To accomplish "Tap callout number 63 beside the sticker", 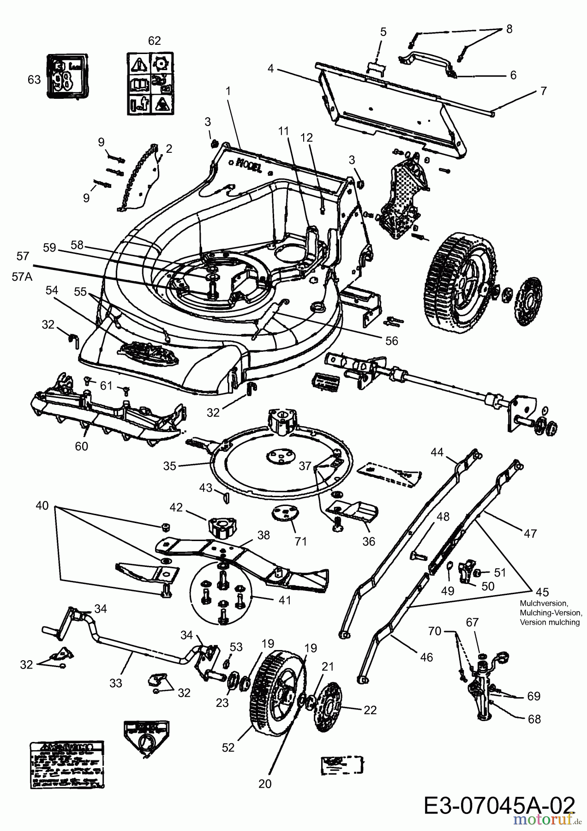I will tap(34, 80).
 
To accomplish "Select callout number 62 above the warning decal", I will tap(154, 41).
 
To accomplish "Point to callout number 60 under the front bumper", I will tap(82, 446).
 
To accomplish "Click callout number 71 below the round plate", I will tap(300, 541).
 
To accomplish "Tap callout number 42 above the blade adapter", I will tap(176, 507).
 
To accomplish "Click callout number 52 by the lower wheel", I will tap(228, 747).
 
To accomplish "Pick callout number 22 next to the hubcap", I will tap(370, 710).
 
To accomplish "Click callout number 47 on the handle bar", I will tap(530, 533).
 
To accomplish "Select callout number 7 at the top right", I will tap(543, 91).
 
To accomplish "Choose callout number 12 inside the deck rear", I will tap(306, 138).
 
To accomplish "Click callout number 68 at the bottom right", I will tap(534, 719).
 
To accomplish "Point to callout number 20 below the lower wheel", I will tap(265, 783).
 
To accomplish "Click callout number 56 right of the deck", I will tap(391, 340).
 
